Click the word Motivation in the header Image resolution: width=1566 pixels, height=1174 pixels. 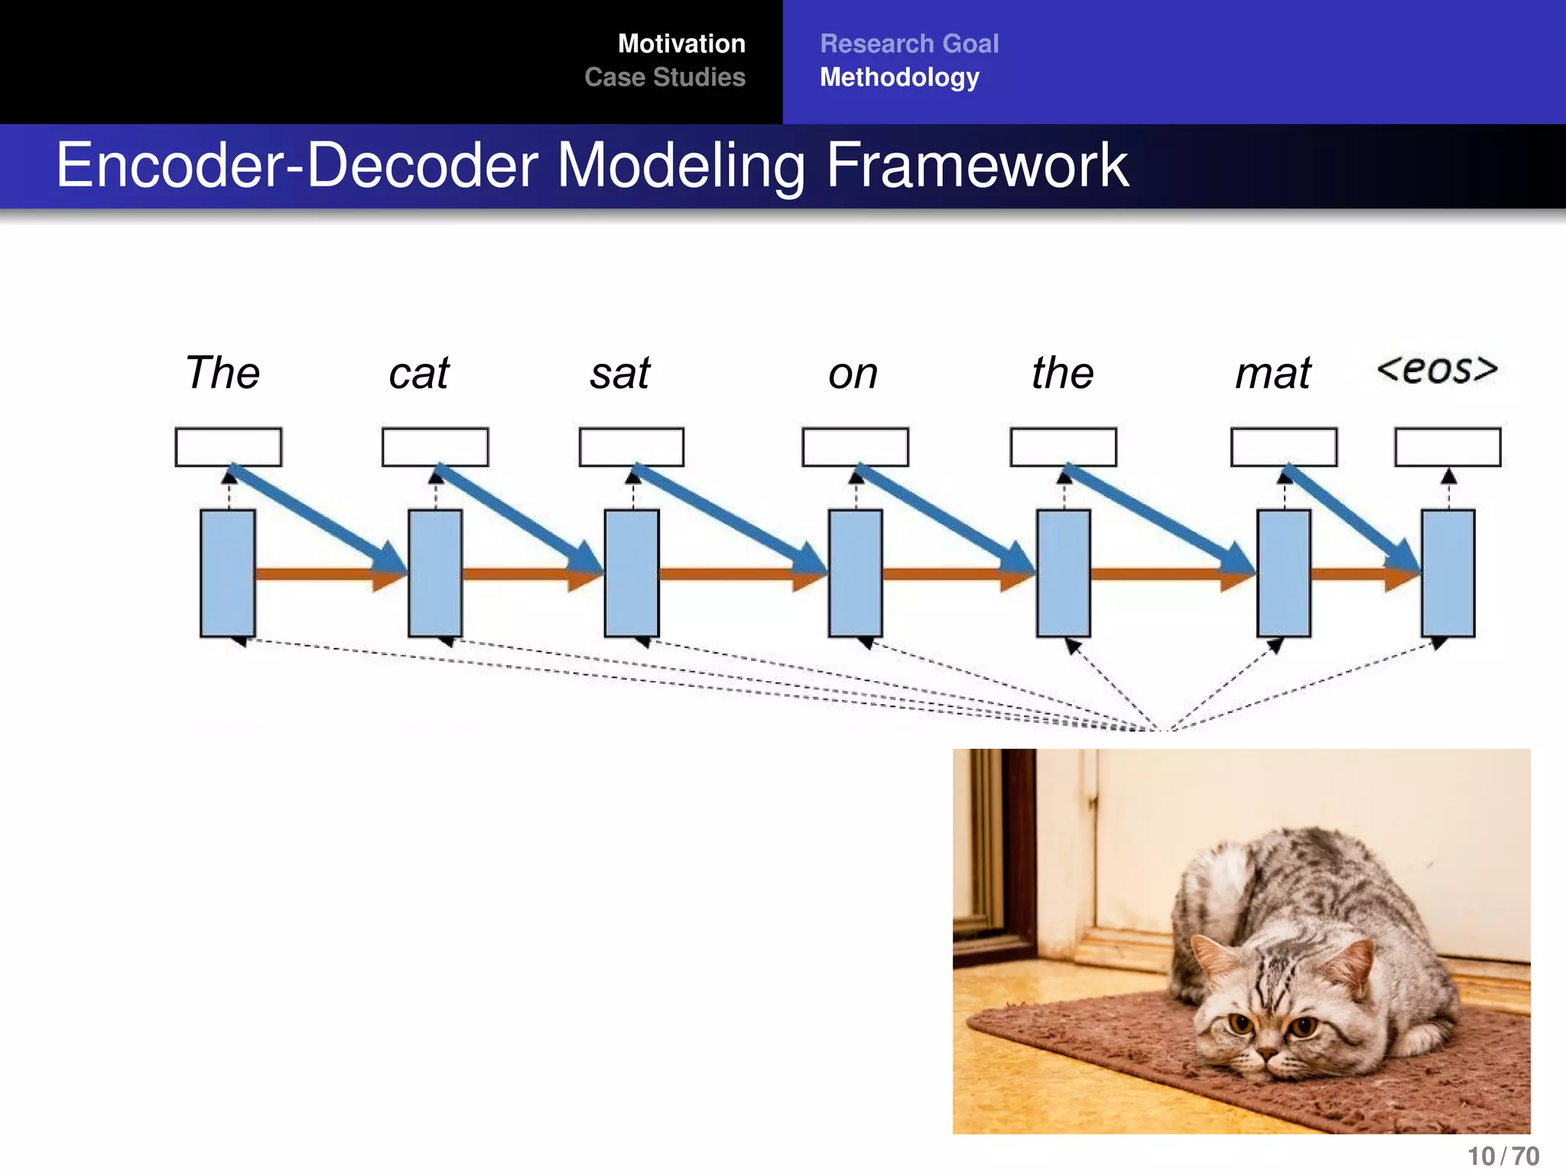tap(681, 44)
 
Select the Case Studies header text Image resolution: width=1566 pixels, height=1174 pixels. tap(664, 77)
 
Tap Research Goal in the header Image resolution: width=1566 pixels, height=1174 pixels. tap(909, 44)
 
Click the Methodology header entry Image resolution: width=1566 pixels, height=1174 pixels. tap(899, 77)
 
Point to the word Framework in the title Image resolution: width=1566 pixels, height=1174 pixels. tap(976, 165)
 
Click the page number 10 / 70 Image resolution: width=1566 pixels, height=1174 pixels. tap(1503, 1156)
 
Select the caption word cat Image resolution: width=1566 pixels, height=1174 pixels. tap(418, 374)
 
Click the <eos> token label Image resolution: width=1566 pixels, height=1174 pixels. tap(1437, 369)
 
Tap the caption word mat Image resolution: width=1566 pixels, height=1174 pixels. tap(1273, 374)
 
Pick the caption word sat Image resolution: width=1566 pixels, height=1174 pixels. tap(620, 374)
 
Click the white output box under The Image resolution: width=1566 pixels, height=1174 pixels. tap(228, 446)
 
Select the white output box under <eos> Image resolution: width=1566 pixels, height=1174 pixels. tap(1447, 446)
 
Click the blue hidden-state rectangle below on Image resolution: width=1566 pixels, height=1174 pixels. tap(855, 573)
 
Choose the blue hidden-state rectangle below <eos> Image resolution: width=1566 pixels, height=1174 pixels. tap(1447, 573)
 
